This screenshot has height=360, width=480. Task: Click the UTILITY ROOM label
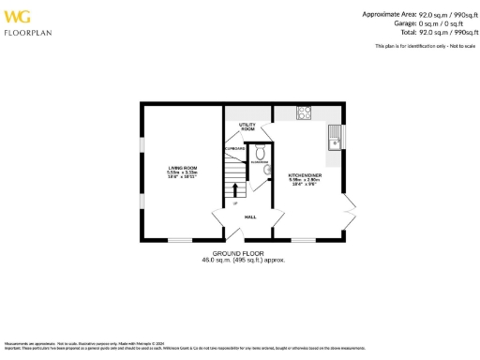[x=247, y=127]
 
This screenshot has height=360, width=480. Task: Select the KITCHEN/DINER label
[x=306, y=173]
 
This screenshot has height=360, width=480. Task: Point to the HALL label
[x=250, y=217]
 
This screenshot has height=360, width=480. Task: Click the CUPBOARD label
[x=234, y=148]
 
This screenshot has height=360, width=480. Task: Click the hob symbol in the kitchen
[x=305, y=113]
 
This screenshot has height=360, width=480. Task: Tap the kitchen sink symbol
[x=334, y=142]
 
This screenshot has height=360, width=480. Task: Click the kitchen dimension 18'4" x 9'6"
[x=306, y=185]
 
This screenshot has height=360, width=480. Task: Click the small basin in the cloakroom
[x=267, y=169]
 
